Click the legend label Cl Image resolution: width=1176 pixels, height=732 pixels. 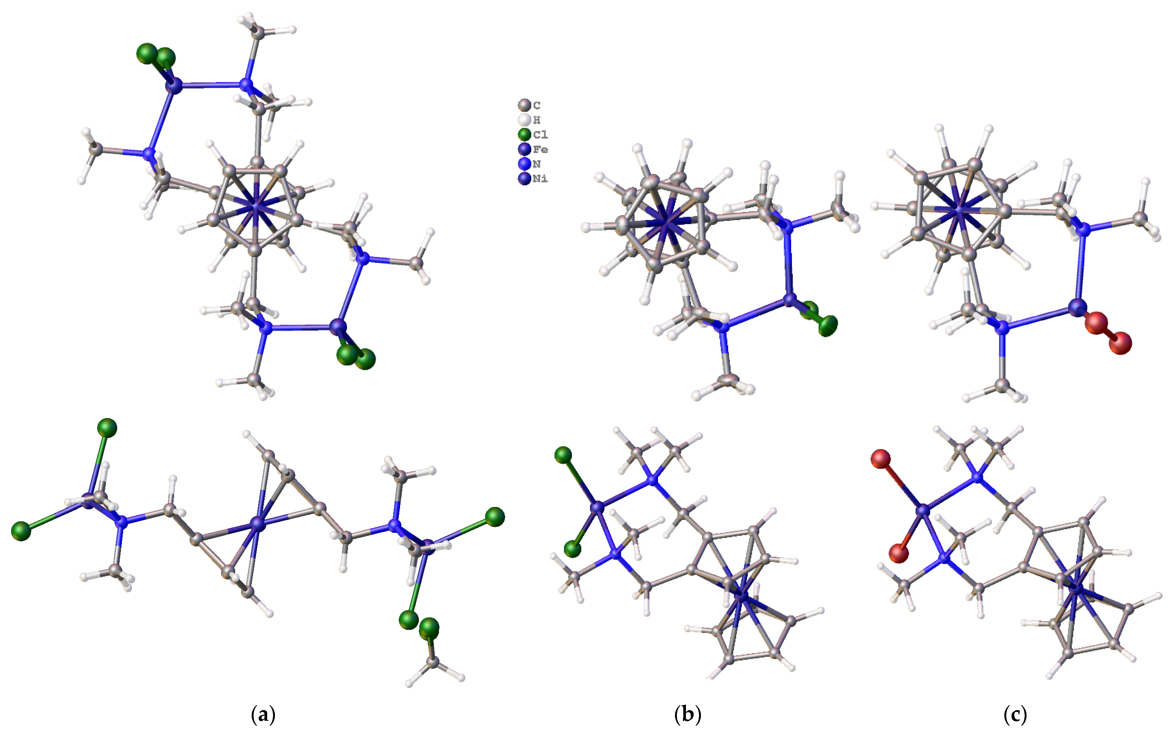540,135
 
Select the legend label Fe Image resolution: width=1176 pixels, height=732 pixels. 540,149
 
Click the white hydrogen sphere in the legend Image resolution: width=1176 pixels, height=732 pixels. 524,120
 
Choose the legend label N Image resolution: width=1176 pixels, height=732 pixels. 537,164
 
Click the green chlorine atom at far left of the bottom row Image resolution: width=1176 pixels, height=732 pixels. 21,531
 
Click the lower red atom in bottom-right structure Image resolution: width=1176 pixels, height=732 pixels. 899,553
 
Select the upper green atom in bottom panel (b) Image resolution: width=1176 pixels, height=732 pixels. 563,455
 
